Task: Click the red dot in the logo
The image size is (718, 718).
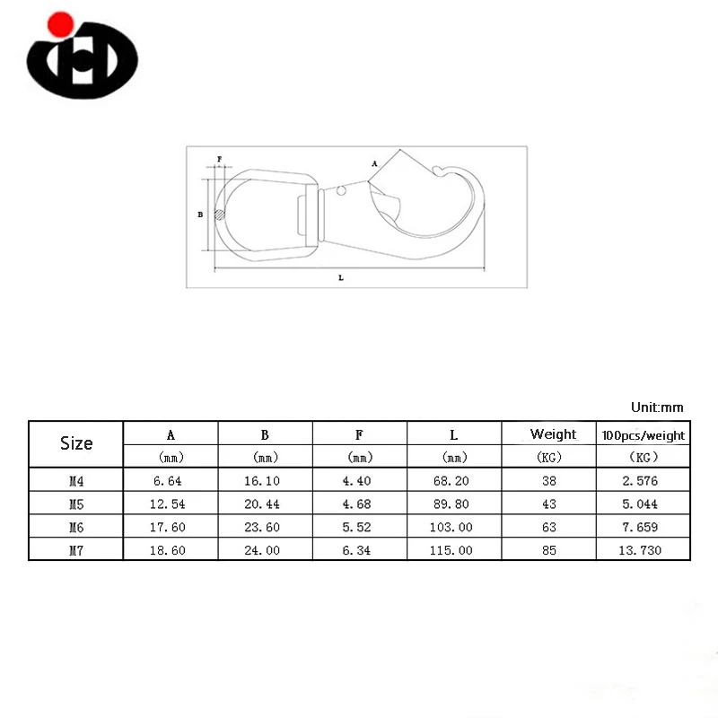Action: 60,25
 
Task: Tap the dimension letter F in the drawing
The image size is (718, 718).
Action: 219,159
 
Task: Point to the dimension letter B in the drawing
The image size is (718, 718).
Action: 200,215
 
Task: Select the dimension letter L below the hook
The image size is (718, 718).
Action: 341,277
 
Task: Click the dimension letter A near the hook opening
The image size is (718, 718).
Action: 374,163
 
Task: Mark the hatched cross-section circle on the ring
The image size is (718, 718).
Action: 220,215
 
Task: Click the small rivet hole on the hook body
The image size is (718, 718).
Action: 341,190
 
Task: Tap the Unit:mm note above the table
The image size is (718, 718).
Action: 657,407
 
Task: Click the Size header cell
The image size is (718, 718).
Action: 76,443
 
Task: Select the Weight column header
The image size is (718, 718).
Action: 553,433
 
